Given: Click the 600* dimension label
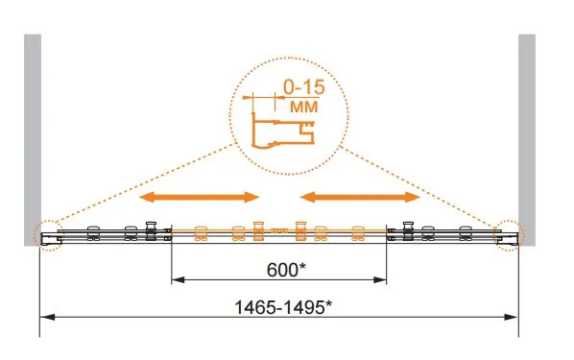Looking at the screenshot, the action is coord(286,271).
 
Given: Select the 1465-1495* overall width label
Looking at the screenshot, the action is coord(283,307).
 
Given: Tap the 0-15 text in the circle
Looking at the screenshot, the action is coord(304,87).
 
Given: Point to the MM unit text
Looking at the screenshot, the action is coord(304,107).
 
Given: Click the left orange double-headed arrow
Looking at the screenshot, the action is coord(199,198).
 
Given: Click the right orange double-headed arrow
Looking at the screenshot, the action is coord(360,198).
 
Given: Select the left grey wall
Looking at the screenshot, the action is coord(33,139).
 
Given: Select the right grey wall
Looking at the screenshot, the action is coord(527,139).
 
